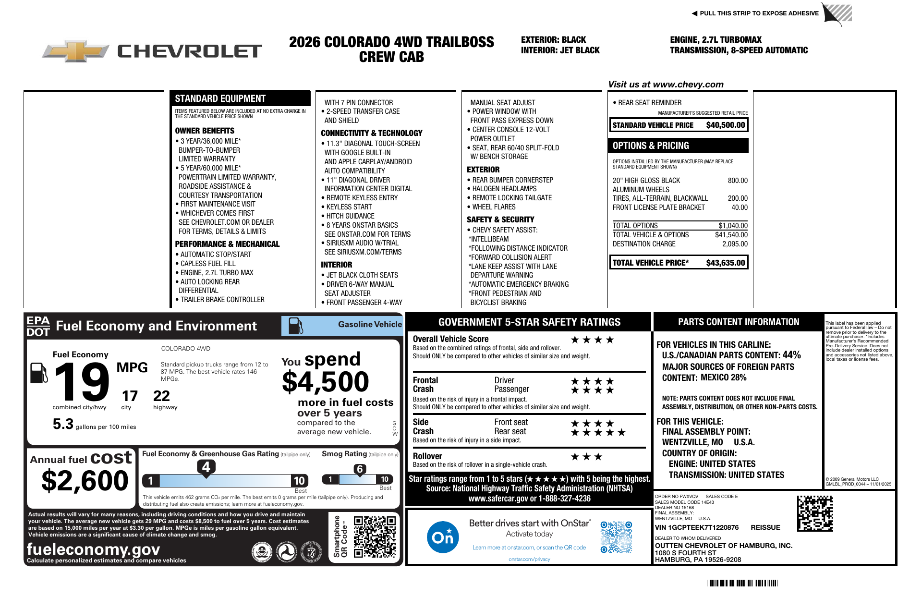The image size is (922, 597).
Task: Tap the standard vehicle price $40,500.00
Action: coord(725,125)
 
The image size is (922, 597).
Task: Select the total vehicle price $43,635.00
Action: coord(725,263)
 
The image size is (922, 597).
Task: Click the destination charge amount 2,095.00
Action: coord(735,244)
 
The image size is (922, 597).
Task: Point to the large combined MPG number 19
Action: coord(82,382)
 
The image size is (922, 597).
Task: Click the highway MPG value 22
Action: coord(161,396)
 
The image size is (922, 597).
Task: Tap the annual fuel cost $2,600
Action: coord(85,481)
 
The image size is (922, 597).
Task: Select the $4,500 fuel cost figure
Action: coord(326,382)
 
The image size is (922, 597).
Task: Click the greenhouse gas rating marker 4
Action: coord(206,467)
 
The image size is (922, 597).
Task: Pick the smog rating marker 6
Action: coord(360,469)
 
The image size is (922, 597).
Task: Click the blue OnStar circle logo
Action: coord(442,537)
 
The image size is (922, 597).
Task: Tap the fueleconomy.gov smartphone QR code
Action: coord(375,536)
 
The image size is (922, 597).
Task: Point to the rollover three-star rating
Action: coord(586,457)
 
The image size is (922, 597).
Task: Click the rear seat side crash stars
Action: coord(598,432)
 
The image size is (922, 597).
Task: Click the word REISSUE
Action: coord(765,527)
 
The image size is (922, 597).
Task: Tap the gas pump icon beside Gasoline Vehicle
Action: coord(295,326)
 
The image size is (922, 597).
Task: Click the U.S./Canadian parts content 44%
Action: coord(791,355)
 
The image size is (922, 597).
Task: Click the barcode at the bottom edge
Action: coord(742,583)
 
